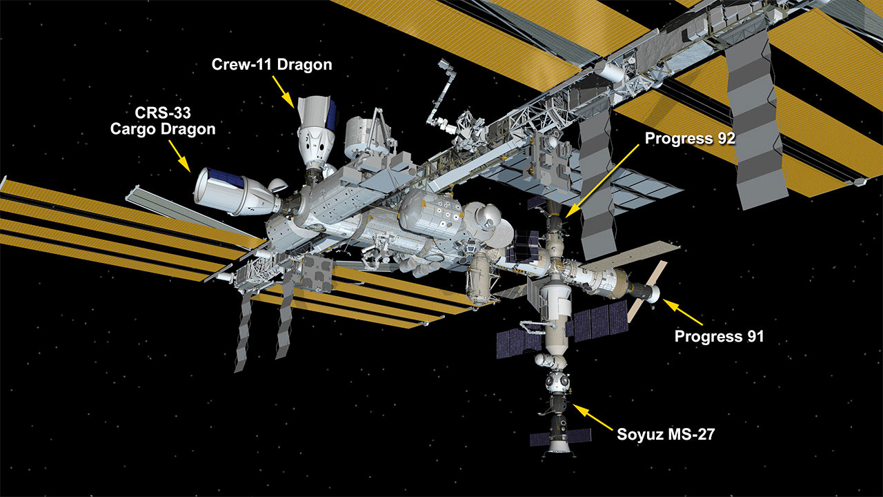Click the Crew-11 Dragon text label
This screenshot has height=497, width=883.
pos(272,64)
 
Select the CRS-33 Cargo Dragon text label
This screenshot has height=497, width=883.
pos(163,121)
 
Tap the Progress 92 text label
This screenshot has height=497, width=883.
pos(690,139)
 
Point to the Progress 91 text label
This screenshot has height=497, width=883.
pos(719,336)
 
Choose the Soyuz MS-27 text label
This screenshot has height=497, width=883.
pos(666,434)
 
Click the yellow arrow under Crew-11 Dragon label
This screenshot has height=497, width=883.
pos(283,92)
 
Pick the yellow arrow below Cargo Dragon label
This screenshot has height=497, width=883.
pos(180,156)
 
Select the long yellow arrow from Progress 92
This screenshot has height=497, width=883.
pos(602,181)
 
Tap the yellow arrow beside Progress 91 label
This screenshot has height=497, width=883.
pos(682,312)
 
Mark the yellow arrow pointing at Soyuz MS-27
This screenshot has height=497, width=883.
pos(593,417)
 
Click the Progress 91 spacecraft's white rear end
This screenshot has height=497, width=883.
pos(653,294)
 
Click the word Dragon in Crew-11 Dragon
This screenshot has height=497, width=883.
pos(305,64)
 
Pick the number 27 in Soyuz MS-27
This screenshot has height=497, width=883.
pos(705,434)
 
